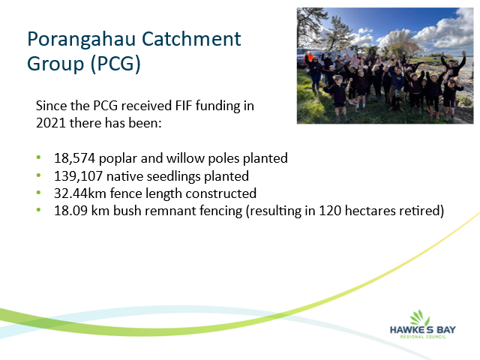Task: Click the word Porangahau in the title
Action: click(x=82, y=40)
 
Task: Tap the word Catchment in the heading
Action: click(x=191, y=38)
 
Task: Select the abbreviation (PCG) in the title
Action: click(x=115, y=64)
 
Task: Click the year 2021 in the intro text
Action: click(x=51, y=123)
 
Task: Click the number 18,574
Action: click(x=74, y=158)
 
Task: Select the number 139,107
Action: click(x=78, y=176)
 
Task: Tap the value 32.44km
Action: click(x=80, y=193)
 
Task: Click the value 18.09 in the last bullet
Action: click(x=70, y=211)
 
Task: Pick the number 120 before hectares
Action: click(x=330, y=211)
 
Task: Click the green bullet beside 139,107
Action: click(x=38, y=175)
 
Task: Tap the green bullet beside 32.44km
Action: click(x=38, y=193)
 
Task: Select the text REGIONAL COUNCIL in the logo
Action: click(x=423, y=337)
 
